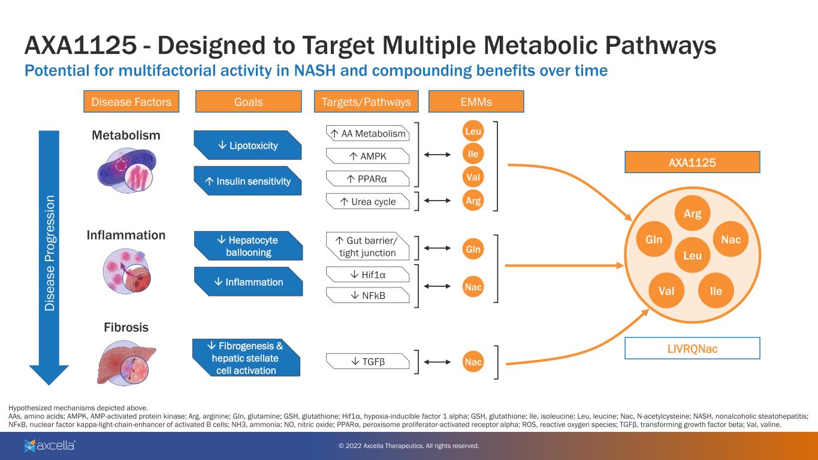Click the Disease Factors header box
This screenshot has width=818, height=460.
(131, 102)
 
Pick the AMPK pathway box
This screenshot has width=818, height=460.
(367, 156)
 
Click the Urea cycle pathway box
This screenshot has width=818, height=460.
(367, 202)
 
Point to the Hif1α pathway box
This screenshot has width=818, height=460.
(367, 274)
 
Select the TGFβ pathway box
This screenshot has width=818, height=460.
(367, 362)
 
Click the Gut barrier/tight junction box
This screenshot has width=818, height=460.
(367, 247)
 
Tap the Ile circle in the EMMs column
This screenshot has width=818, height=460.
(473, 155)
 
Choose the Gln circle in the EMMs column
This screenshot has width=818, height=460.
(473, 249)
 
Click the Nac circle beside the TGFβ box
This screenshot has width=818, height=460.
(473, 362)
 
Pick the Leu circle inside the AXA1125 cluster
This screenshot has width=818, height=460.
(692, 256)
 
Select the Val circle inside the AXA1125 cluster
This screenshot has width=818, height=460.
(666, 292)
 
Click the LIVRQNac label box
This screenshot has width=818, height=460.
(692, 349)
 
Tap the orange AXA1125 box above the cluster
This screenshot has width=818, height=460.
(692, 162)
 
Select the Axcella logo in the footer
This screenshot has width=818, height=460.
(50, 446)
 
